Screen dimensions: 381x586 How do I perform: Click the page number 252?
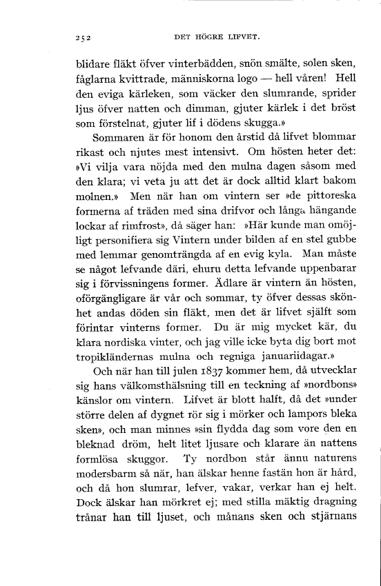pyautogui.click(x=84, y=35)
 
